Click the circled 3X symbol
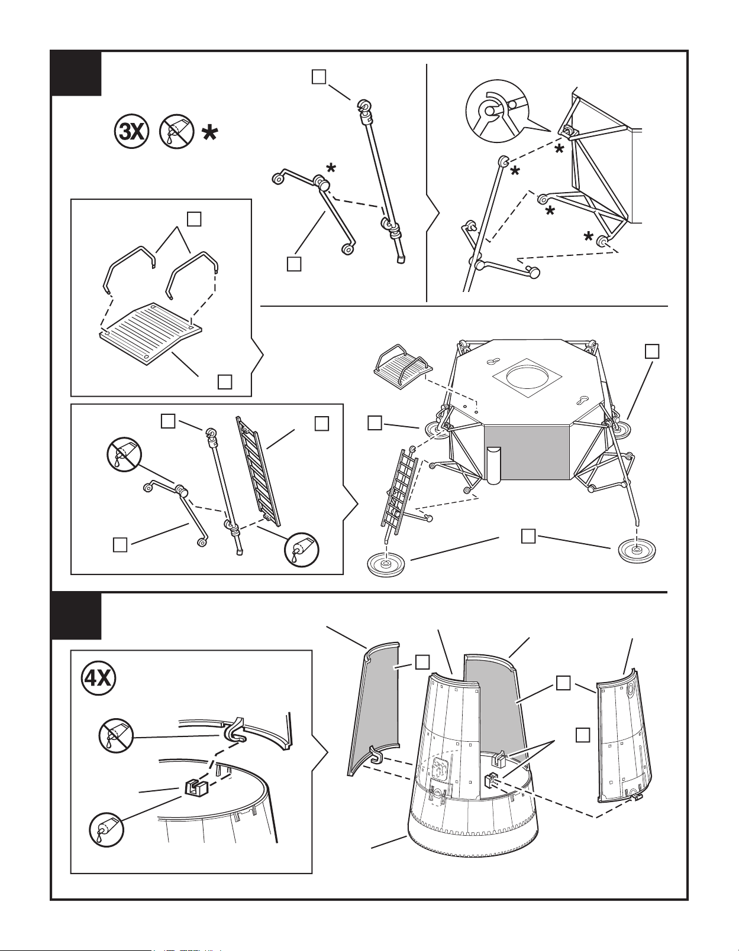click(x=131, y=132)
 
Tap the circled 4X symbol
click(x=98, y=677)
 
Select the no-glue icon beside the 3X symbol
click(x=176, y=132)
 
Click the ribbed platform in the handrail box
click(x=151, y=334)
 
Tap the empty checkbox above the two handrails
click(x=194, y=219)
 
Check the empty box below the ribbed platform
click(x=224, y=382)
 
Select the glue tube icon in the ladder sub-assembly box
click(x=302, y=550)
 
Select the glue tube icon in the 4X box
click(x=107, y=829)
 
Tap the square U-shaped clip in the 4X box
click(x=196, y=787)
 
